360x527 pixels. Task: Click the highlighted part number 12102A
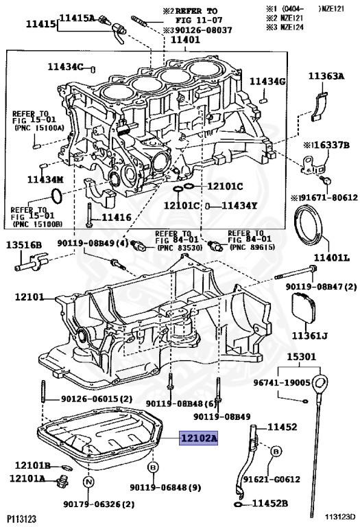click(198, 438)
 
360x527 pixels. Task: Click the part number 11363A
click(326, 76)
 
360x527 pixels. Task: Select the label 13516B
click(24, 245)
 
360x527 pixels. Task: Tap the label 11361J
click(309, 336)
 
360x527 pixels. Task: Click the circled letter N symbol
click(88, 482)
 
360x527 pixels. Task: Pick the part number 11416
click(117, 218)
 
